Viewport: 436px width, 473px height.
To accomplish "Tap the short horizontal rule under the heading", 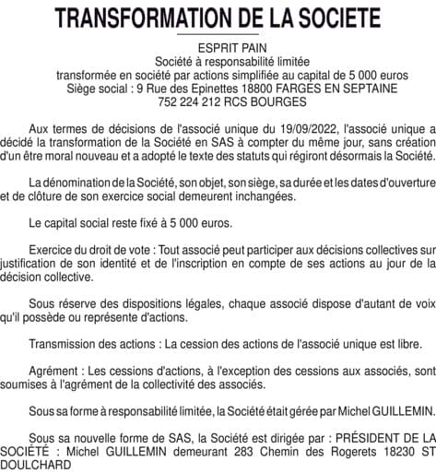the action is pos(218,34).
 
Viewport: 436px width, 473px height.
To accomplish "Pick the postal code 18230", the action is pos(390,447).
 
